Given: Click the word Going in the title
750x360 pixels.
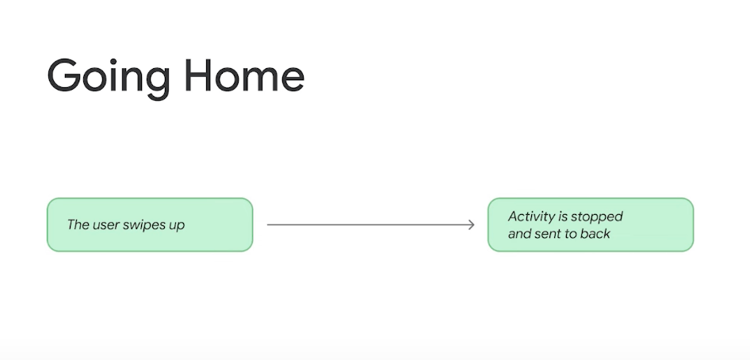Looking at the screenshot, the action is tap(109, 79).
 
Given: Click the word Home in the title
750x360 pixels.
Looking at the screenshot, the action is tap(244, 75).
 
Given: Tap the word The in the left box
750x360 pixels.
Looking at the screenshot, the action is tap(77, 224).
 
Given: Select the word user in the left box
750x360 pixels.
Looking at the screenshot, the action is tap(105, 225).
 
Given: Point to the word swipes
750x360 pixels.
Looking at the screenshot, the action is tap(143, 225).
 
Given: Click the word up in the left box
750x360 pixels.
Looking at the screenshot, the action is tap(176, 227).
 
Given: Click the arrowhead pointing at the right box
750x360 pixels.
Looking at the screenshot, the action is tap(471, 224).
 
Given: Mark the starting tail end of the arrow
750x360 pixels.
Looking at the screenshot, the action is tap(267, 224).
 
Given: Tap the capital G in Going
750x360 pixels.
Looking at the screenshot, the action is tap(64, 75).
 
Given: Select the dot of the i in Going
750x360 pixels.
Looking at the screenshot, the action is tap(113, 62).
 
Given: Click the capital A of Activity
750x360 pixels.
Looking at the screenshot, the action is tap(513, 216).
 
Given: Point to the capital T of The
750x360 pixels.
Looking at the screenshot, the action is tap(71, 224).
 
